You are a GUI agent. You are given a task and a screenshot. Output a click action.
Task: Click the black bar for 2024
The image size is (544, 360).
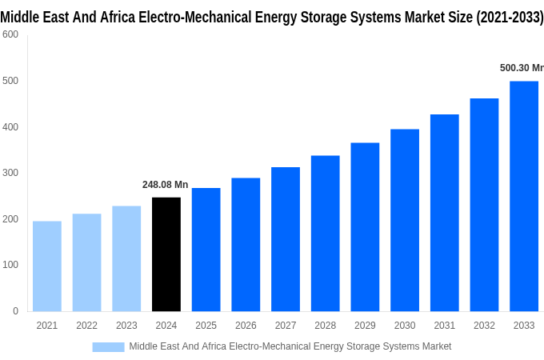pyautogui.click(x=166, y=254)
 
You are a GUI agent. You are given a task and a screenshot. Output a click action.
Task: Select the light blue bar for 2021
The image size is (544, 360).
pyautogui.click(x=47, y=266)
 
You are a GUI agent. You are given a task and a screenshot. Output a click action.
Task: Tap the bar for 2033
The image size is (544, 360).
pyautogui.click(x=524, y=196)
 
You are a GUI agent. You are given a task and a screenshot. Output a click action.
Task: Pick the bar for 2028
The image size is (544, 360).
pyautogui.click(x=326, y=234)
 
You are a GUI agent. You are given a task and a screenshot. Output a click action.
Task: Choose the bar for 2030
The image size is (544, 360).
pyautogui.click(x=405, y=220)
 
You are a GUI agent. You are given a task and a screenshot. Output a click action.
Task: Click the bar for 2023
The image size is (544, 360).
pyautogui.click(x=126, y=258)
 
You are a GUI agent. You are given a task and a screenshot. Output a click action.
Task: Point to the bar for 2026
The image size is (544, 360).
pyautogui.click(x=246, y=245)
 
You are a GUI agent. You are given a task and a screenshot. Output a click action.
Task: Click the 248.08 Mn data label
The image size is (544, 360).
pyautogui.click(x=166, y=185)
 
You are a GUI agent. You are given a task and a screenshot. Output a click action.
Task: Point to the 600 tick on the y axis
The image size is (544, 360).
pyautogui.click(x=10, y=34)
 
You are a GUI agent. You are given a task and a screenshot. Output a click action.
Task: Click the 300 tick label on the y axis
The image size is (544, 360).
pyautogui.click(x=10, y=173)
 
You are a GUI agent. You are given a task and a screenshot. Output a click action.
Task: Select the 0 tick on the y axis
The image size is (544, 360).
pyautogui.click(x=15, y=311)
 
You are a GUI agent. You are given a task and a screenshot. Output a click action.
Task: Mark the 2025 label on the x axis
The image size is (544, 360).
pyautogui.click(x=206, y=326)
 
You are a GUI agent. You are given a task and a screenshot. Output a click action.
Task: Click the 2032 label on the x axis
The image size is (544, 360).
pyautogui.click(x=484, y=326)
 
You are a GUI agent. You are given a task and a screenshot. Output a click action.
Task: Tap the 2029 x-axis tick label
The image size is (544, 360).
pyautogui.click(x=365, y=326)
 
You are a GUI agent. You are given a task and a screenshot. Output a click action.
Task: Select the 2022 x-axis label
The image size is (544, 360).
pyautogui.click(x=86, y=326)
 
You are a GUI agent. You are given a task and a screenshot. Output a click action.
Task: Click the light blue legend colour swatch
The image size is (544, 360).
pyautogui.click(x=108, y=346)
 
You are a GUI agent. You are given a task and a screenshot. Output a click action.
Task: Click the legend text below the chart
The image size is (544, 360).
pyautogui.click(x=290, y=346)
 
